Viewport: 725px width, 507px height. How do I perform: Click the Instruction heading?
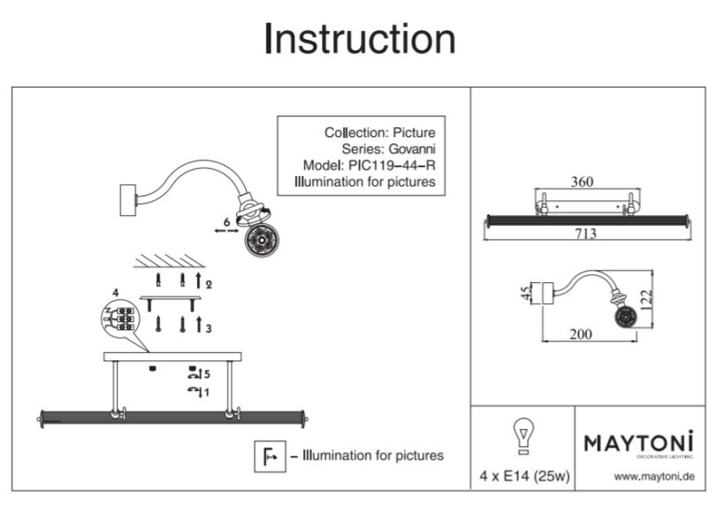pyautogui.click(x=360, y=40)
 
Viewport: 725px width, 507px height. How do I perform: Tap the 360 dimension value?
pyautogui.click(x=581, y=182)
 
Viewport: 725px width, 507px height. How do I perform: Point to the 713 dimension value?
pyautogui.click(x=585, y=234)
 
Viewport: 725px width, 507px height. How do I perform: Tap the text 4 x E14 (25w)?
pyautogui.click(x=523, y=476)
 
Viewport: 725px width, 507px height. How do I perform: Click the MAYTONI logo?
pyautogui.click(x=639, y=442)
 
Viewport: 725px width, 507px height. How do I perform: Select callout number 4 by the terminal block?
pyautogui.click(x=115, y=291)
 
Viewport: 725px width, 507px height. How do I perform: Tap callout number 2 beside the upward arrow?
pyautogui.click(x=209, y=284)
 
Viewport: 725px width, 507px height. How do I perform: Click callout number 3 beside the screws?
pyautogui.click(x=209, y=327)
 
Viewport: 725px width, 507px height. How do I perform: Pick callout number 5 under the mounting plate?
pyautogui.click(x=206, y=373)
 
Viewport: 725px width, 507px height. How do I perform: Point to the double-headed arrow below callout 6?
pyautogui.click(x=225, y=230)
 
